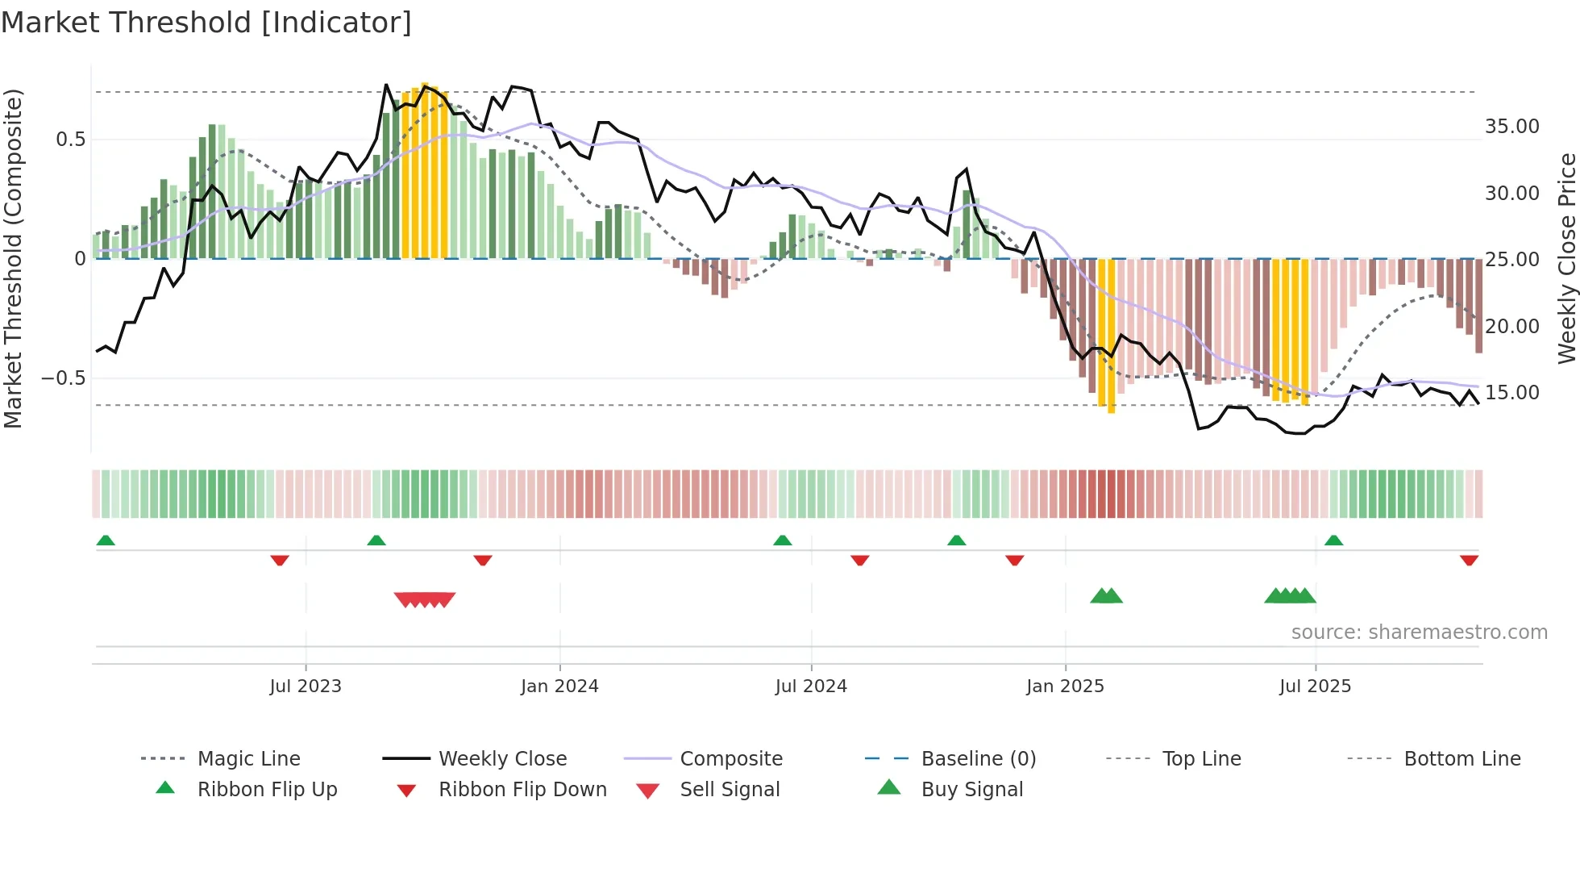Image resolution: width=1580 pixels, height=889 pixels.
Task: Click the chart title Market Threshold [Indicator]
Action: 206,23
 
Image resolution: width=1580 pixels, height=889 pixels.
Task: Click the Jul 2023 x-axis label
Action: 306,687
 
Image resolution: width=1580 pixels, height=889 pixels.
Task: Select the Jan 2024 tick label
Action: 559,687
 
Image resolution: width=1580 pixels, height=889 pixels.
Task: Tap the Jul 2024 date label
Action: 811,687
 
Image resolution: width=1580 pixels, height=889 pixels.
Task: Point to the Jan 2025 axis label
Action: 1065,687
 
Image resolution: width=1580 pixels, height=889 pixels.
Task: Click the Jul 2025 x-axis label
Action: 1315,687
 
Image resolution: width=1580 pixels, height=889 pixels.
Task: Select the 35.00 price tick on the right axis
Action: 1511,127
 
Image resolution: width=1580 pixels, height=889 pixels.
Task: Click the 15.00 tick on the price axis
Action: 1511,393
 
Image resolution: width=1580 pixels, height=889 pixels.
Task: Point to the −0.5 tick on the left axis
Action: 63,378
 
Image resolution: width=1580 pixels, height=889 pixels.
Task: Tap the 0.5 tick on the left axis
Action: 70,140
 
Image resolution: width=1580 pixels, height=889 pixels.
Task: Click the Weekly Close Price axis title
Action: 1566,258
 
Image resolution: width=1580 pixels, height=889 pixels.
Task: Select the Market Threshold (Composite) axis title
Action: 13,258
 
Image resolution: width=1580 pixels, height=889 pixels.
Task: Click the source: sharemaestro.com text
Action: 1419,632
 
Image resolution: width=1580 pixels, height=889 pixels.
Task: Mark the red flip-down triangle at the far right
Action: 1469,560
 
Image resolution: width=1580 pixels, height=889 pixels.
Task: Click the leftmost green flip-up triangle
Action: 106,540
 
